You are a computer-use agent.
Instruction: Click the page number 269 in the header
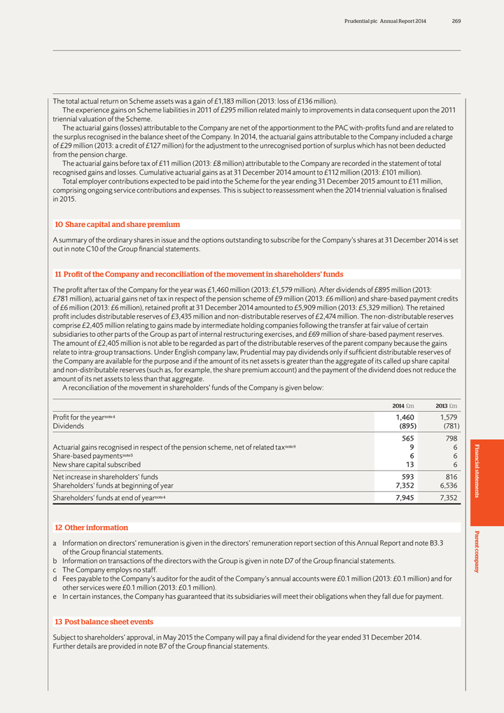[456, 21]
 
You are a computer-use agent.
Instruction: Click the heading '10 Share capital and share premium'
[117, 224]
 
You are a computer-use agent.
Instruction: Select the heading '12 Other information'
[91, 527]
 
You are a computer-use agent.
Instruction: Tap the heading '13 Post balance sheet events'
[104, 621]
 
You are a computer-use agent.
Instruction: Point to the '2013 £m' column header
[446, 406]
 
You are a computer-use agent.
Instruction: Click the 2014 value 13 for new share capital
[410, 464]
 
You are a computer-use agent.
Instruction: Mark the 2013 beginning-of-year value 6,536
[446, 485]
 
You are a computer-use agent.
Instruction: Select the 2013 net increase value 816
[449, 476]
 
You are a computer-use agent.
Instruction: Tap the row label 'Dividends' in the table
[69, 426]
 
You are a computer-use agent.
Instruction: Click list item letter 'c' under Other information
[55, 570]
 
